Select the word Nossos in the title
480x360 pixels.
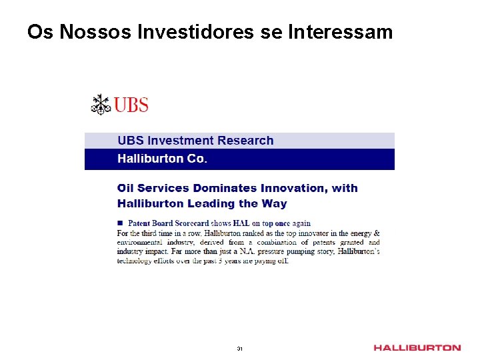[86, 31]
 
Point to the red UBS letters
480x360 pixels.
[131, 105]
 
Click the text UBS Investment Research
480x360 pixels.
[195, 141]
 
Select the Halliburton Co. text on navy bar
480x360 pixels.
[162, 159]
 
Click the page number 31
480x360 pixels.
[240, 349]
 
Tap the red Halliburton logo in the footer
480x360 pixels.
[417, 348]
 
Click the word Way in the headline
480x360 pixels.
[275, 203]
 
